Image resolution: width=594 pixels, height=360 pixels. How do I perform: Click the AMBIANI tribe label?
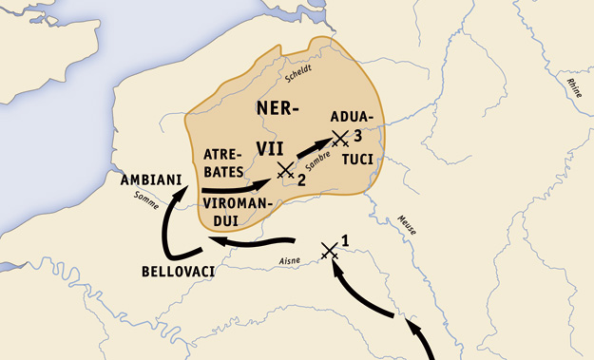click(x=150, y=180)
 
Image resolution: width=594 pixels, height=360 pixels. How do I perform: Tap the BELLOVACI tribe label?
click(x=178, y=272)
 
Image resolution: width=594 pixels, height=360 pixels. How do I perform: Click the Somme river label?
click(x=147, y=198)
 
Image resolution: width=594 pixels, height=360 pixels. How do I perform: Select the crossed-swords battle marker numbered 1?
click(x=329, y=250)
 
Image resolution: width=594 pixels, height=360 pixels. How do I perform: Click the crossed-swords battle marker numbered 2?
click(x=284, y=170)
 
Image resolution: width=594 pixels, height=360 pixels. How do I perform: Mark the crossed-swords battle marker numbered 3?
click(x=339, y=138)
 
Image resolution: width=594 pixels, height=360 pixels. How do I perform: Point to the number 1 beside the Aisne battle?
click(x=344, y=240)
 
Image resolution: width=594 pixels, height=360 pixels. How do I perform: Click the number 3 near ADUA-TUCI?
click(x=357, y=134)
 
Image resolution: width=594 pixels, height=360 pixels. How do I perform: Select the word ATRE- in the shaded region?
click(x=223, y=154)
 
